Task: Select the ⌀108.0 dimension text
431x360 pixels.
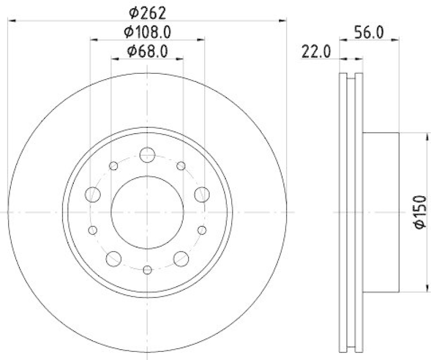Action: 147,32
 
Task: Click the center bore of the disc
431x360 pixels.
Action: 147,212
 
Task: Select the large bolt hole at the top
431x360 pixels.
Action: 147,155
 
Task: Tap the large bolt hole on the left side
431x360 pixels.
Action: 93,194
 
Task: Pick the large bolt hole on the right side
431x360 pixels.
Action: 202,194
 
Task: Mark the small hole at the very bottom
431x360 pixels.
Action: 147,269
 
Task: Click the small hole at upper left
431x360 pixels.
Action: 114,165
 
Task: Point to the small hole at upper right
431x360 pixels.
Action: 181,165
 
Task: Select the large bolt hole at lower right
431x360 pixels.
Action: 181,259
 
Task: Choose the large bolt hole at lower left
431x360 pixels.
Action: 114,259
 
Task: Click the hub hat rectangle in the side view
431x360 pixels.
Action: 380,212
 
